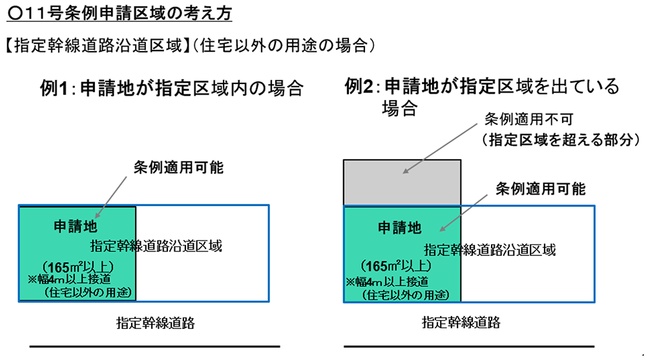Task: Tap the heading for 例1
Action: click(x=171, y=89)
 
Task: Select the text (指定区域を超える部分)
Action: click(x=556, y=139)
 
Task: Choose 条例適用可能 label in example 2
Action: click(x=540, y=189)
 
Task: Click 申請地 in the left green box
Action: click(x=76, y=227)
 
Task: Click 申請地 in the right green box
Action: click(x=399, y=228)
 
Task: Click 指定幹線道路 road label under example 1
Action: click(x=156, y=322)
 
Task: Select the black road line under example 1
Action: click(x=155, y=347)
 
